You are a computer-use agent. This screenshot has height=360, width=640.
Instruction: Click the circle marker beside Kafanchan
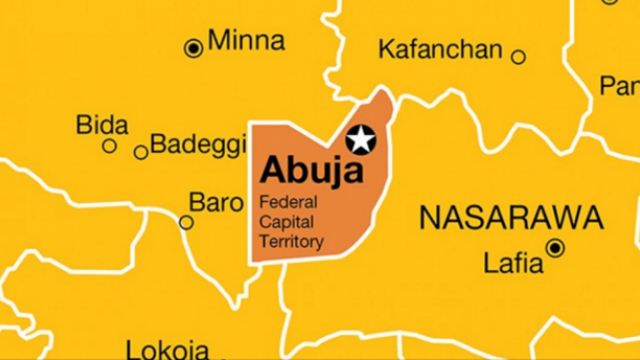518,57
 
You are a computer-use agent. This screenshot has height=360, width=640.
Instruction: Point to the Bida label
102,125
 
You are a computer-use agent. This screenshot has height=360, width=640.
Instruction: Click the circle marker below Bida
109,146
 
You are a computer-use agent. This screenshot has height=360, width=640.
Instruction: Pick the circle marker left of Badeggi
141,152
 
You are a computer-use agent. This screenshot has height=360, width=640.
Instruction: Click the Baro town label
216,202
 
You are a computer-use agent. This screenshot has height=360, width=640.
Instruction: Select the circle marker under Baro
186,222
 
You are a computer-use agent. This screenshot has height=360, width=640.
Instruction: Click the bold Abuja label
311,169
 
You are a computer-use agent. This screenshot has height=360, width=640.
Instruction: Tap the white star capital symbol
361,139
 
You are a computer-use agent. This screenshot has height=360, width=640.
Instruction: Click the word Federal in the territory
288,202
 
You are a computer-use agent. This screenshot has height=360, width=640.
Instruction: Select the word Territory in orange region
291,241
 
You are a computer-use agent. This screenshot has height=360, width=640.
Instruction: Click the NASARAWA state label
511,218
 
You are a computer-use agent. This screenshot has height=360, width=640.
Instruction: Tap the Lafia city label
514,262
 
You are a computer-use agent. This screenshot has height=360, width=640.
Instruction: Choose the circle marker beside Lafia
555,248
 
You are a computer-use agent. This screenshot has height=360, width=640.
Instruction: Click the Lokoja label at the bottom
167,351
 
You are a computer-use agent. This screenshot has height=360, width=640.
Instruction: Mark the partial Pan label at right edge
619,86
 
